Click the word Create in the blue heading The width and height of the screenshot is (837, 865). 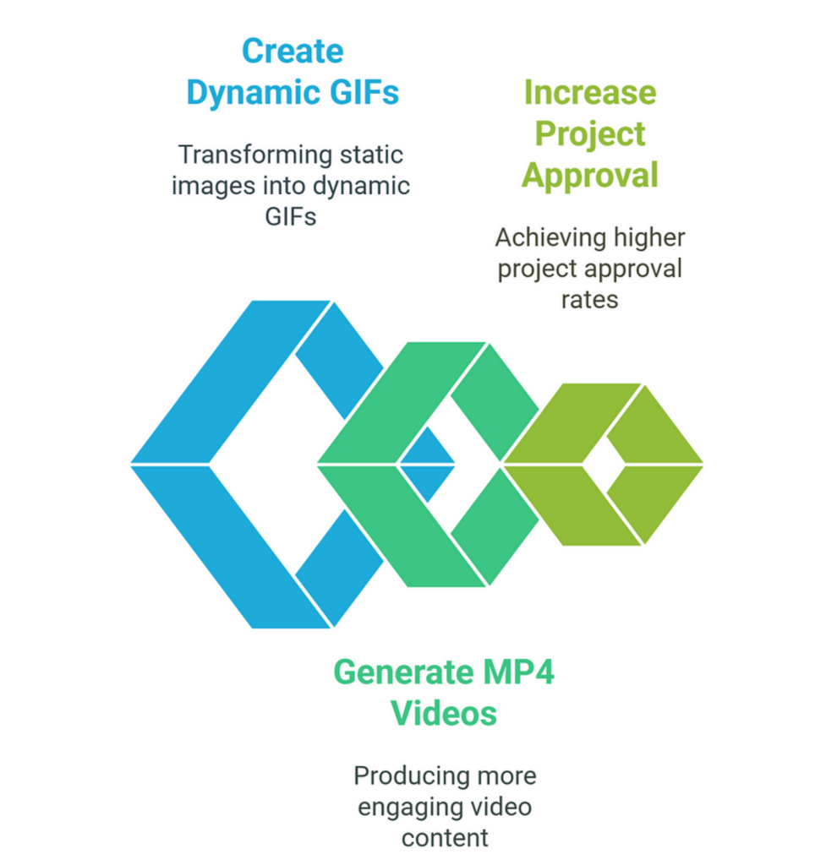tap(293, 52)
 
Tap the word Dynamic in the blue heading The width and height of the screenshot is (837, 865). tap(253, 94)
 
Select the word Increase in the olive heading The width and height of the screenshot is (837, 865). tap(589, 92)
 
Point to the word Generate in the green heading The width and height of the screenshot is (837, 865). tap(404, 672)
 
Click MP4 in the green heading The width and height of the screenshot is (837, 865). tap(518, 672)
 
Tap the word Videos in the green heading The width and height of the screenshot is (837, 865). tap(444, 713)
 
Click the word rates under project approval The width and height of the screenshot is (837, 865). tap(589, 301)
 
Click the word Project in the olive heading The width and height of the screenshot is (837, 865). tap(589, 134)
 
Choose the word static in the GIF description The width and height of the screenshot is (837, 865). tap(371, 155)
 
